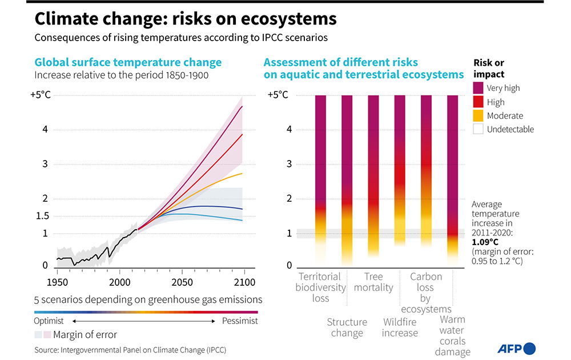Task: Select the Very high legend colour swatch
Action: [x=478, y=88]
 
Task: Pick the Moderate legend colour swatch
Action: [x=478, y=115]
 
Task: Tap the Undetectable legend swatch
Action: [x=478, y=129]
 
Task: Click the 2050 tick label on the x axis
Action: [x=182, y=282]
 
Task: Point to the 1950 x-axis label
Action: [x=57, y=282]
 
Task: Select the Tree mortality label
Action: [x=373, y=282]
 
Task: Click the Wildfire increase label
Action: [x=400, y=327]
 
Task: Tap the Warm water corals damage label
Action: [x=452, y=336]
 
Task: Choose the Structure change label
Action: [x=347, y=327]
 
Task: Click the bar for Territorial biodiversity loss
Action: [x=321, y=171]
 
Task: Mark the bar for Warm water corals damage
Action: [x=452, y=171]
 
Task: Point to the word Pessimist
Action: [x=240, y=321]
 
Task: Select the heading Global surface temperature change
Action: [x=128, y=63]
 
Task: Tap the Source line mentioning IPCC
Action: [x=135, y=349]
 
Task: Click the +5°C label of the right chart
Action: [x=279, y=95]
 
